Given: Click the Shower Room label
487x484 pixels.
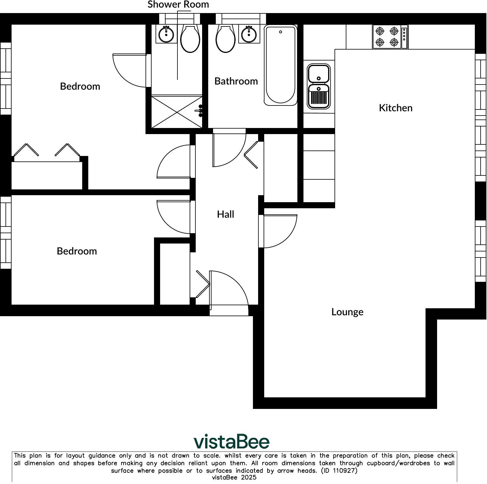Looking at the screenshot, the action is [x=178, y=5].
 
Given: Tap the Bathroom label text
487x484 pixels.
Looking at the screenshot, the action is [x=236, y=81].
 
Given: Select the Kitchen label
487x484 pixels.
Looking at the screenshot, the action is [x=395, y=108].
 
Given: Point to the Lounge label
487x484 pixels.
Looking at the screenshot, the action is [x=347, y=312].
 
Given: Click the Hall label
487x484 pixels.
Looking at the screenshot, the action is [x=225, y=214].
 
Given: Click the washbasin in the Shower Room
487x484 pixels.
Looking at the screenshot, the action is [x=166, y=34].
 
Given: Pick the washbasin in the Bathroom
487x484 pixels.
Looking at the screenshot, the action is [x=249, y=34].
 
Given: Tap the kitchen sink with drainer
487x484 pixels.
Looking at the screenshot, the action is [x=319, y=86].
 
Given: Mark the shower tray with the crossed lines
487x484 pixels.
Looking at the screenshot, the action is [x=177, y=112].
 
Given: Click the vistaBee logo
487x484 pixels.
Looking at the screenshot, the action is [x=231, y=441].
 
